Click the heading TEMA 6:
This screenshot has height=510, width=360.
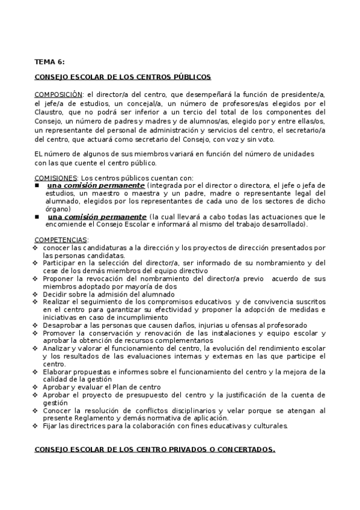[49, 61]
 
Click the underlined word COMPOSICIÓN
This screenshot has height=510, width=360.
[58, 94]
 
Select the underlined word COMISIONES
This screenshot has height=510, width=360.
[56, 178]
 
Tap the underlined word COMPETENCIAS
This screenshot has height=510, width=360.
[61, 240]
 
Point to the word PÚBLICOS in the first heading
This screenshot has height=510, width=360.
[189, 78]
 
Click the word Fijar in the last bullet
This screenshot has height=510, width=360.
[50, 426]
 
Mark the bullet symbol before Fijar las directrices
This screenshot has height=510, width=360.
[37, 426]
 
